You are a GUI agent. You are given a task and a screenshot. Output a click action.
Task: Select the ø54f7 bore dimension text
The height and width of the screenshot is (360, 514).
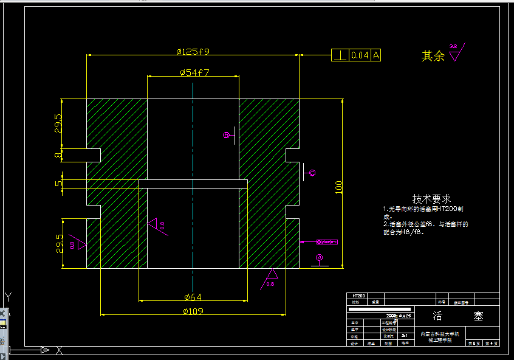[194, 72]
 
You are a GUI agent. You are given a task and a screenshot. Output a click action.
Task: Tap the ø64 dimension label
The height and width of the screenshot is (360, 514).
[193, 297]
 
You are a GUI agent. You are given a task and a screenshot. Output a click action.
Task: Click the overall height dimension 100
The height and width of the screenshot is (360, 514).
[339, 187]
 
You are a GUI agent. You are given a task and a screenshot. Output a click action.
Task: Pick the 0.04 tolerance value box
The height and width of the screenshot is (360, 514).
[360, 55]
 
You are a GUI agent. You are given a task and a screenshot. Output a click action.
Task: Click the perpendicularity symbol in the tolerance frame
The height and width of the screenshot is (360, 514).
[340, 55]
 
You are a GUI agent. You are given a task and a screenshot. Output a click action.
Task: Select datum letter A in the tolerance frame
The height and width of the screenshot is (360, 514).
[376, 55]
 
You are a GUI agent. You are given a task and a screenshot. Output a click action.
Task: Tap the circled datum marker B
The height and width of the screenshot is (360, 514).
[227, 135]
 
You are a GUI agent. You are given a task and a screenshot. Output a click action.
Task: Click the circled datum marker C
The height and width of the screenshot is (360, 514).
[312, 173]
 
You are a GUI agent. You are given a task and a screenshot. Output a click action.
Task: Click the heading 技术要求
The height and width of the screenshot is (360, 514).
[432, 199]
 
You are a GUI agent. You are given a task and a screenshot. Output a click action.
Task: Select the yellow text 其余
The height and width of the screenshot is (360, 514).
[433, 56]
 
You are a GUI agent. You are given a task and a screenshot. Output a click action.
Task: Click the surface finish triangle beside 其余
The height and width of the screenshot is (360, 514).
[456, 54]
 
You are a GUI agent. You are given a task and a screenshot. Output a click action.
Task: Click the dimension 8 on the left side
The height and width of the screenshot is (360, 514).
[58, 156]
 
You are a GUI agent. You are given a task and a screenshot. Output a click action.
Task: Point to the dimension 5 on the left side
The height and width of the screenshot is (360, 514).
[58, 183]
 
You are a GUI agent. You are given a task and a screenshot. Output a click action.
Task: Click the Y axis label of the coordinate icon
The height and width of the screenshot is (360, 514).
[8, 297]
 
